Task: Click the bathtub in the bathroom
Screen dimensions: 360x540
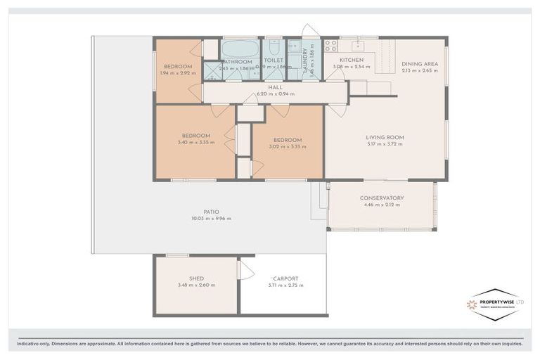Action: (x=240, y=49)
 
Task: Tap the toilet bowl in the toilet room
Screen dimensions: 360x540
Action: (x=274, y=47)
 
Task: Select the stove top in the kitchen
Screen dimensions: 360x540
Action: (x=331, y=46)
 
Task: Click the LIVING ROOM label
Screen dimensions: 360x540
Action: (x=385, y=137)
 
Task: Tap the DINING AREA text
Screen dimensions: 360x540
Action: (x=420, y=64)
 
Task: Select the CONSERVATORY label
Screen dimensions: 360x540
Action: (x=382, y=198)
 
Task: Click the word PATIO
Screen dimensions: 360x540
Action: (x=211, y=212)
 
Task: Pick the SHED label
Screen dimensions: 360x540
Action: (x=196, y=278)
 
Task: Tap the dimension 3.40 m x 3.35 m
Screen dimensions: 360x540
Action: (x=196, y=143)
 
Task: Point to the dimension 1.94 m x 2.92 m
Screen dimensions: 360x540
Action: (x=177, y=72)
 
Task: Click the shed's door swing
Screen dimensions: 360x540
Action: (x=245, y=270)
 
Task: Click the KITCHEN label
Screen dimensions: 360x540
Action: (x=352, y=60)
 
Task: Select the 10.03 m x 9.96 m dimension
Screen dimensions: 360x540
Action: (x=211, y=219)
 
